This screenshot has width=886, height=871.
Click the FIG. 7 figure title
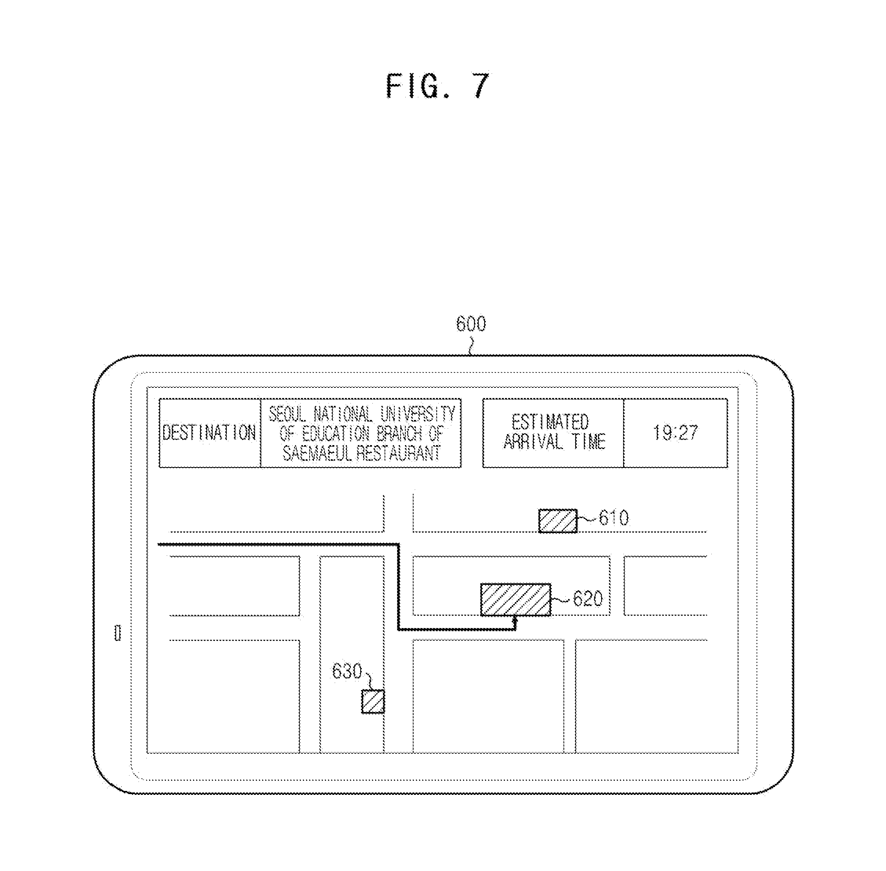pos(438,86)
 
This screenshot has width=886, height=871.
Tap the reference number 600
pos(471,324)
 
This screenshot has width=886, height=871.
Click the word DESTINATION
pos(209,433)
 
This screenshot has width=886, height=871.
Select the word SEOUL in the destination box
pos(287,415)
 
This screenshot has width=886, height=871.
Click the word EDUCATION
pos(336,434)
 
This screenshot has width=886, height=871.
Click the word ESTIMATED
pos(550,422)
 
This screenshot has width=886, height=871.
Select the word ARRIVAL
pos(533,442)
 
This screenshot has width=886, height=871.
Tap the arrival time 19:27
pos(675,433)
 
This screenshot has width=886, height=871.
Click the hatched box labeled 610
pos(558,520)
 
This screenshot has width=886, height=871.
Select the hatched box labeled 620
pos(516,599)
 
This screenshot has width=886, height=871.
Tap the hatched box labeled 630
pos(373,701)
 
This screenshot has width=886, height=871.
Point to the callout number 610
pos(614,518)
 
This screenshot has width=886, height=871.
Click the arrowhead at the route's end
pos(516,619)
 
